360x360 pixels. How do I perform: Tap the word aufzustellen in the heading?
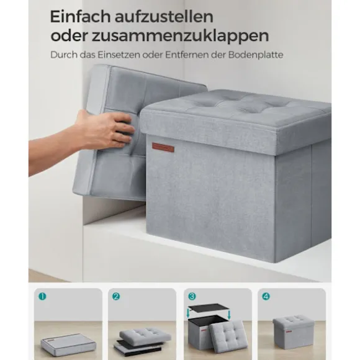coord(164,17)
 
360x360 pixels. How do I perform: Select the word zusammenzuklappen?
coord(180,36)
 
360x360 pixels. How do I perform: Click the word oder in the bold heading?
coord(69,35)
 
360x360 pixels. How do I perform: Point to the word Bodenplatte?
coord(256,55)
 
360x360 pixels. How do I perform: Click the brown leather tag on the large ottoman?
coord(163,147)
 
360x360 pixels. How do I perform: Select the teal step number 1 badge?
coord(42,297)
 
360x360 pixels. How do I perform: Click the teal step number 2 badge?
coord(116,297)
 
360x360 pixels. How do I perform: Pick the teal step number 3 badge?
coord(192,297)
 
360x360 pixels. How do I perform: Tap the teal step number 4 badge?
coord(266,297)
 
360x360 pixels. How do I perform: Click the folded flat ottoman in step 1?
coord(68,343)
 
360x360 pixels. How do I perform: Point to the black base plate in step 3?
coord(209,307)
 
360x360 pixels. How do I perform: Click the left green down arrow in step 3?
coord(189,313)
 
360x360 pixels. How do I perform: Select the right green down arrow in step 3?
coord(229,314)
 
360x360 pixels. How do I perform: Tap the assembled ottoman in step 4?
coord(294,332)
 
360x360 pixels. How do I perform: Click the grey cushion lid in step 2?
coord(145,335)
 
